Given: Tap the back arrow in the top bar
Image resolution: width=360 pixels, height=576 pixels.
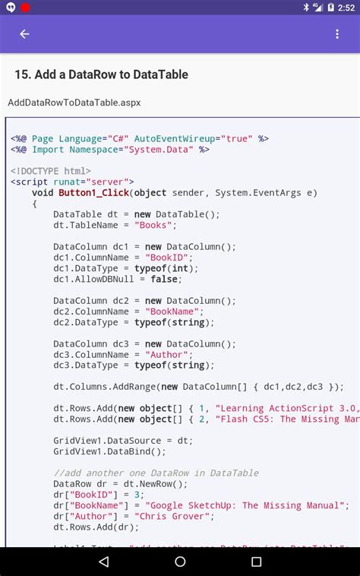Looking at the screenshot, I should click(24, 34).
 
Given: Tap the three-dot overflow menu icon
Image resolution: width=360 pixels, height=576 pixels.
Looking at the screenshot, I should click(337, 34).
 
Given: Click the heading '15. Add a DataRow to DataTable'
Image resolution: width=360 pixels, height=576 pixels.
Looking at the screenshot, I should click(101, 74).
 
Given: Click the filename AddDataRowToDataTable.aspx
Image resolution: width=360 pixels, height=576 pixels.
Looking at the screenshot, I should click(74, 103).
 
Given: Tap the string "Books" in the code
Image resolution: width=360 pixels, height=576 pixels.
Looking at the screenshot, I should click(155, 225).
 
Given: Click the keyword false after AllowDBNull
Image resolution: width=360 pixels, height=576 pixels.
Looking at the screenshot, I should click(166, 279).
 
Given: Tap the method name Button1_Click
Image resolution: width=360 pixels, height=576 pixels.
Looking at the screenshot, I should click(95, 193).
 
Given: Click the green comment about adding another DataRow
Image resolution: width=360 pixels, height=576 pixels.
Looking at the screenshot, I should click(156, 473).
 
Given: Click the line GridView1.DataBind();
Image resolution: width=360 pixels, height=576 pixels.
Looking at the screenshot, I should click(109, 451).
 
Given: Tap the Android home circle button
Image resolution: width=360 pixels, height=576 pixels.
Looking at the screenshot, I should click(180, 562).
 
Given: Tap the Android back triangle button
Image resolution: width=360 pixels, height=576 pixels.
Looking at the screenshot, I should click(103, 562).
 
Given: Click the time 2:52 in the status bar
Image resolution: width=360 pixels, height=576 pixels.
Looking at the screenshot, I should click(346, 8).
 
